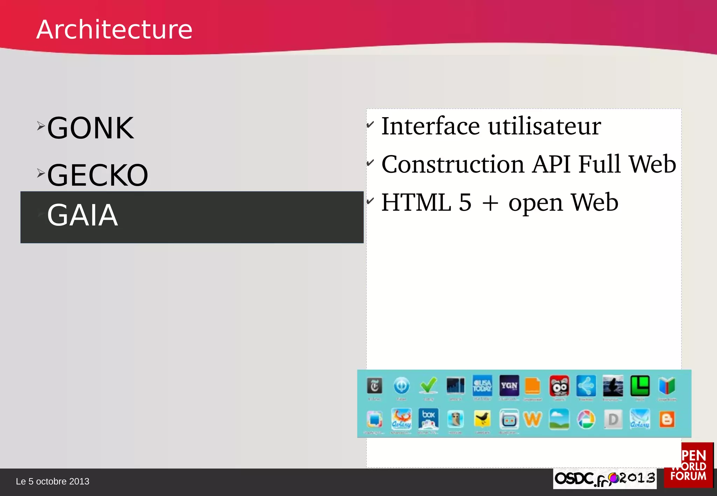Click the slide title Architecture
114,29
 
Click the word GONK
90,128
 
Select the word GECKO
98,175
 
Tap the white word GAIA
82,215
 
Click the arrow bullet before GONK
41,126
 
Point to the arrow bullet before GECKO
41,173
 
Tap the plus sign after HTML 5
490,203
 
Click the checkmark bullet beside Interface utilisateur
370,124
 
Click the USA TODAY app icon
482,385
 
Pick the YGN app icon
509,385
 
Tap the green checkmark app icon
429,385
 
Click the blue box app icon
428,418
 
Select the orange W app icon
532,419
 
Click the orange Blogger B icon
667,419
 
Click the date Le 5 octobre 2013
53,482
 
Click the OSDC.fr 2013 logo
605,478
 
